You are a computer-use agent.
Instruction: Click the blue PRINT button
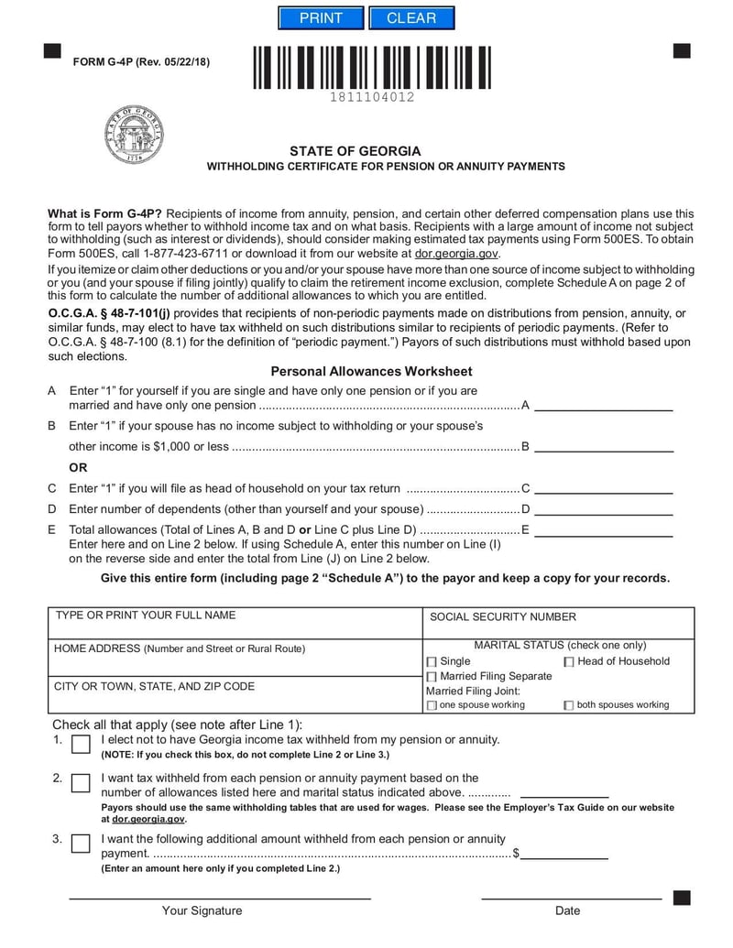coord(321,18)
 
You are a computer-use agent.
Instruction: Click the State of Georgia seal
coord(134,135)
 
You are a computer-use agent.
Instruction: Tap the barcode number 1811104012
coord(372,97)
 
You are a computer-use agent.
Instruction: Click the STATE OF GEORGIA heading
coord(356,151)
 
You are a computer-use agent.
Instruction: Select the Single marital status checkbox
coord(432,661)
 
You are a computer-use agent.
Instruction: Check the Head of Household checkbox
coord(569,661)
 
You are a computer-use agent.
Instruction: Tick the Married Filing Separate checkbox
coord(432,676)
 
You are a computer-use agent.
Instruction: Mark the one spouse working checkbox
coord(432,705)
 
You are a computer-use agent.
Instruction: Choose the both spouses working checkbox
coord(569,705)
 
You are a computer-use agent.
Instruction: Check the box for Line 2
coord(81,782)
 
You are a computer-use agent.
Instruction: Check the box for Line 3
coord(81,843)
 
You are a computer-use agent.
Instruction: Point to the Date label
coord(567,910)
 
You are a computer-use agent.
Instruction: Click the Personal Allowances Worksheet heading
coord(371,371)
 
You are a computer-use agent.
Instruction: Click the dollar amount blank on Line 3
coord(565,853)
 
